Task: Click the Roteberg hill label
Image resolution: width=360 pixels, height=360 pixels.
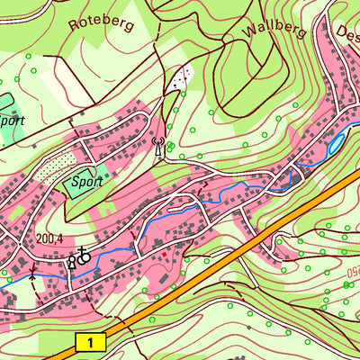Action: pyautogui.click(x=101, y=20)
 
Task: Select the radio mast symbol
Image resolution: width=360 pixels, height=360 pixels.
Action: pyautogui.click(x=158, y=146)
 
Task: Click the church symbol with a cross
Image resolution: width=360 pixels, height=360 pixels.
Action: pyautogui.click(x=84, y=256)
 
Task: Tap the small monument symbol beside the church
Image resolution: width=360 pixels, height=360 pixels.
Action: pyautogui.click(x=72, y=262)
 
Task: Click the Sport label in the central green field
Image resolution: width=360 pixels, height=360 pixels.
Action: pyautogui.click(x=86, y=180)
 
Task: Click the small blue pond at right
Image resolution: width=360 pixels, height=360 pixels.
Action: pyautogui.click(x=336, y=141)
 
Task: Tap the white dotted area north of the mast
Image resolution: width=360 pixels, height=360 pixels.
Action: pyautogui.click(x=183, y=78)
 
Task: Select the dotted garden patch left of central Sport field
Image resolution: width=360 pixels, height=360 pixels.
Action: pyautogui.click(x=57, y=166)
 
